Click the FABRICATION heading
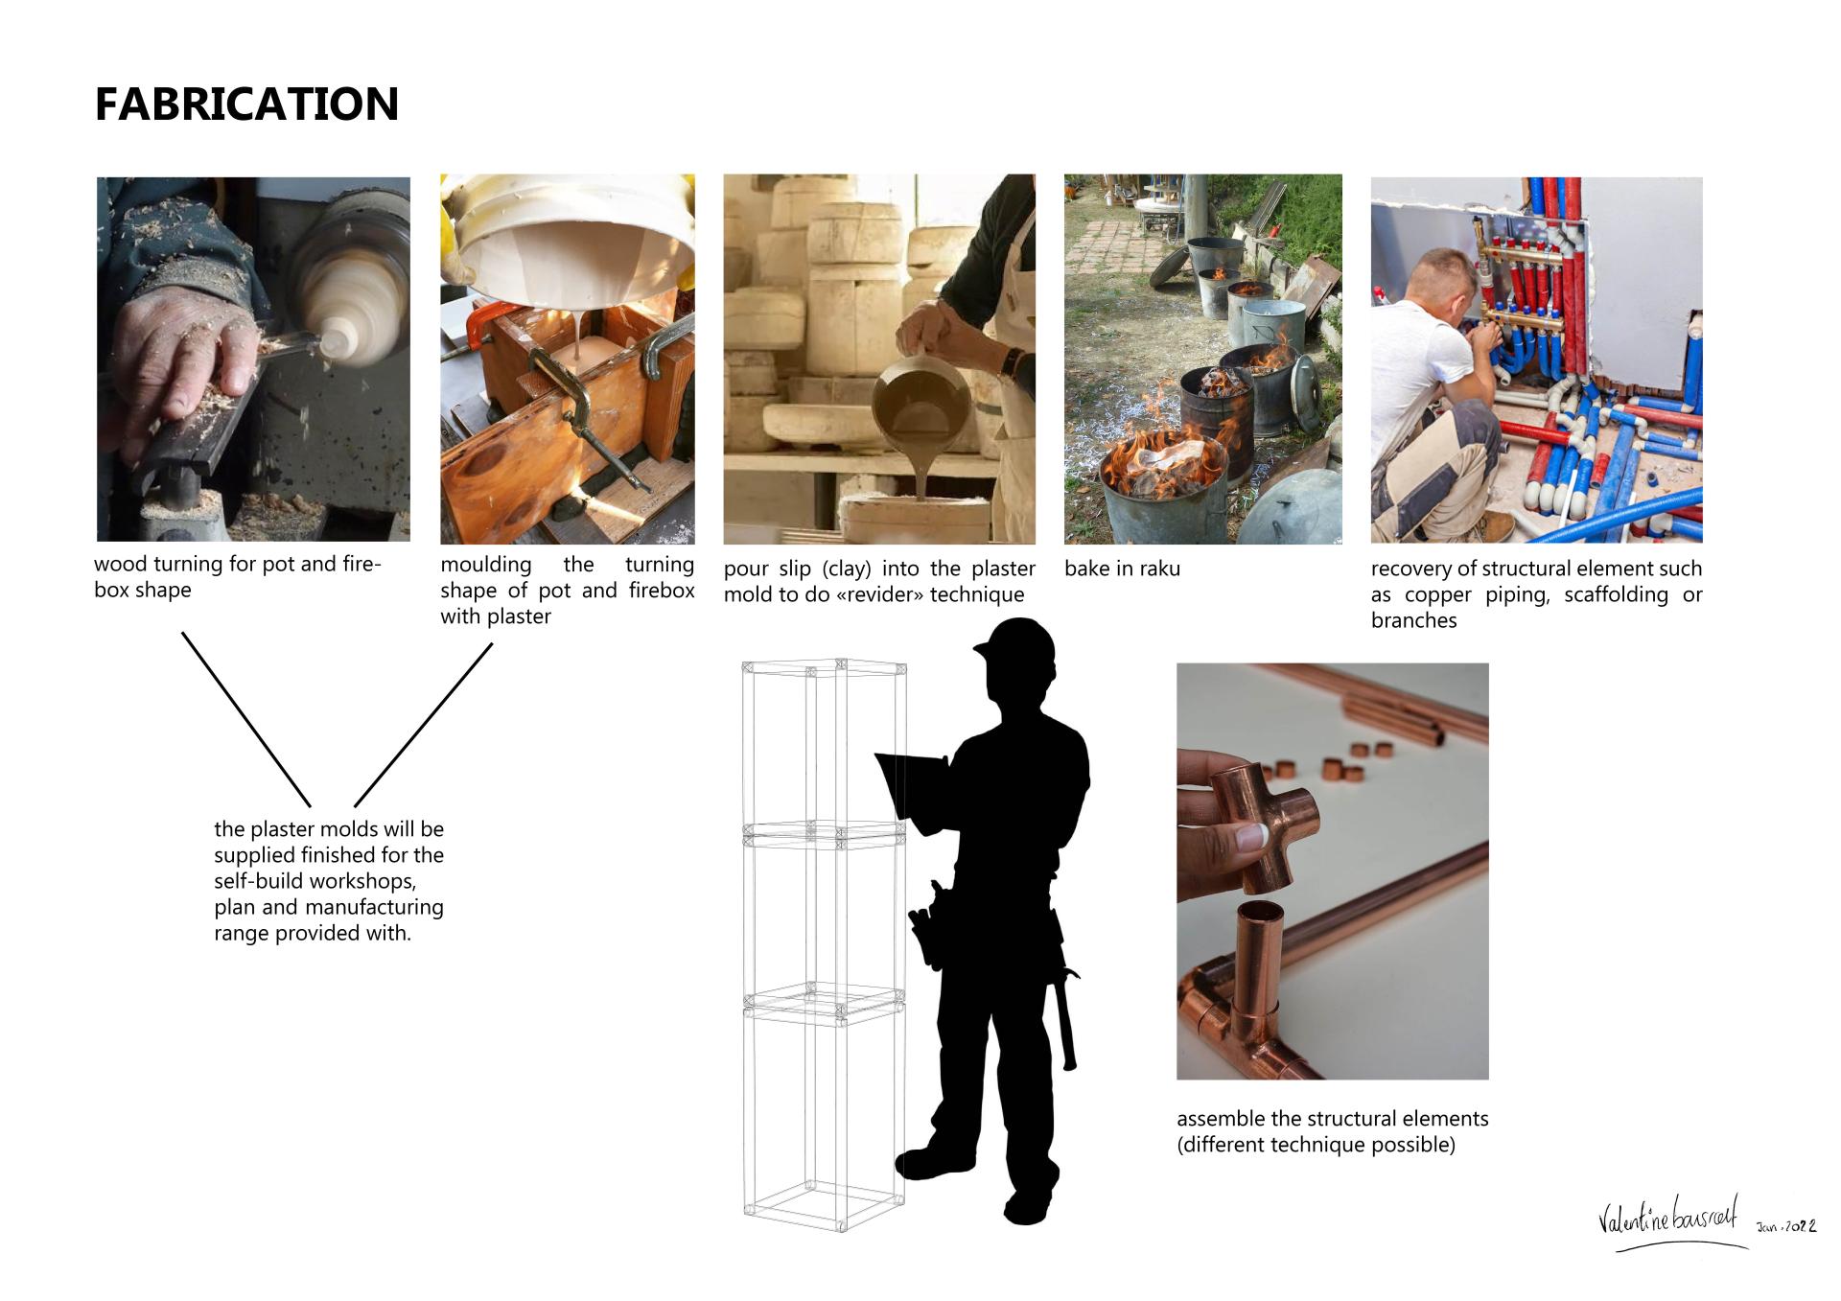pyautogui.click(x=246, y=105)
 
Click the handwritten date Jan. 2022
pyautogui.click(x=1785, y=1226)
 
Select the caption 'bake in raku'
pyautogui.click(x=1122, y=569)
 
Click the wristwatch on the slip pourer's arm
pyautogui.click(x=1010, y=362)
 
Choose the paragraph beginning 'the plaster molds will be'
pyautogui.click(x=329, y=880)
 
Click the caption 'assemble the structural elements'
pyautogui.click(x=1333, y=1119)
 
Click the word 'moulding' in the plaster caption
pyautogui.click(x=486, y=565)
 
